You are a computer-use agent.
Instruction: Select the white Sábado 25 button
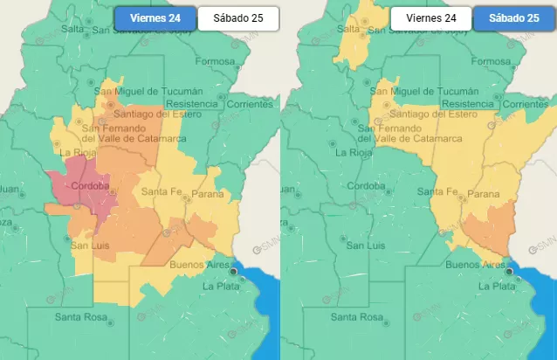[238, 17]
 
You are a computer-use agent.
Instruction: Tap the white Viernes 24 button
[431, 17]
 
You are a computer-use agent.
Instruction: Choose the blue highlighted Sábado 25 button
[514, 17]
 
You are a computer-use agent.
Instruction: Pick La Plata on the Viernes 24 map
[221, 286]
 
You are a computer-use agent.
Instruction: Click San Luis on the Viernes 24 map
[89, 246]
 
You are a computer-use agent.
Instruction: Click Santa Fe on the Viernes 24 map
[162, 192]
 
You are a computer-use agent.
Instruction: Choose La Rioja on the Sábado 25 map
[353, 151]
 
